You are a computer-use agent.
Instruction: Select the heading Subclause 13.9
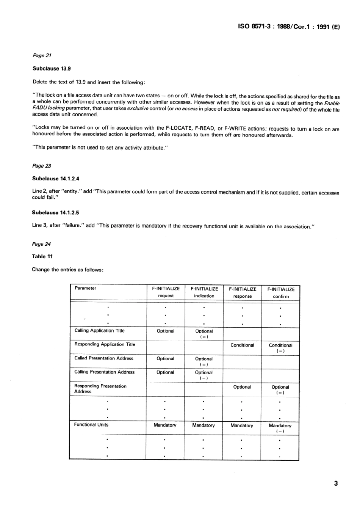[x=52, y=69]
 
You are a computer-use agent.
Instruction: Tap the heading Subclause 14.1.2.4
[x=56, y=178]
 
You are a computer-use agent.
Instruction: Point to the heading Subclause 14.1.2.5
[x=56, y=213]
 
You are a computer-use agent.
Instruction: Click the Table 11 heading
[x=42, y=256]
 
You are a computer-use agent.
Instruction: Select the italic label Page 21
[x=42, y=55]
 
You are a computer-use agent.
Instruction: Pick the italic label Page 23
[x=42, y=166]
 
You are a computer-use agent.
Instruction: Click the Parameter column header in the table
[x=86, y=288]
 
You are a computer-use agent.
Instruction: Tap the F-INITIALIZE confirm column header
[x=281, y=293]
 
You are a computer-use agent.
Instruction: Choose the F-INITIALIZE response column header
[x=243, y=293]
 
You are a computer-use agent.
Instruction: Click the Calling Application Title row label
[x=99, y=331]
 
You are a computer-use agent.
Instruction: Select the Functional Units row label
[x=91, y=425]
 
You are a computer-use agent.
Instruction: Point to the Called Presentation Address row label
[x=104, y=358]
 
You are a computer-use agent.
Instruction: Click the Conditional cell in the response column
[x=242, y=345]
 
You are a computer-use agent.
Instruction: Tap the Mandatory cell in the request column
[x=165, y=425]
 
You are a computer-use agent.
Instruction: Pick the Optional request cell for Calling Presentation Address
[x=165, y=372]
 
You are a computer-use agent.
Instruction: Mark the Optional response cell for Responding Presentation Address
[x=242, y=387]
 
